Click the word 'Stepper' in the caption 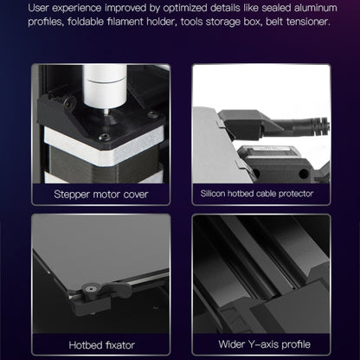(x=72, y=195)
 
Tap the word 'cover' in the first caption (x=136, y=195)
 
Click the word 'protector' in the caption (x=296, y=194)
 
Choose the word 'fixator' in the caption (x=120, y=345)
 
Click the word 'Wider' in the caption (x=230, y=344)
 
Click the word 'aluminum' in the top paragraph (x=316, y=8)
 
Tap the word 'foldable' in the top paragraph (x=86, y=22)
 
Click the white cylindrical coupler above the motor (x=105, y=85)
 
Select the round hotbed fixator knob (x=91, y=288)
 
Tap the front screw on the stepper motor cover (x=103, y=138)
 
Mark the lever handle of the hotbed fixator (x=116, y=286)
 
